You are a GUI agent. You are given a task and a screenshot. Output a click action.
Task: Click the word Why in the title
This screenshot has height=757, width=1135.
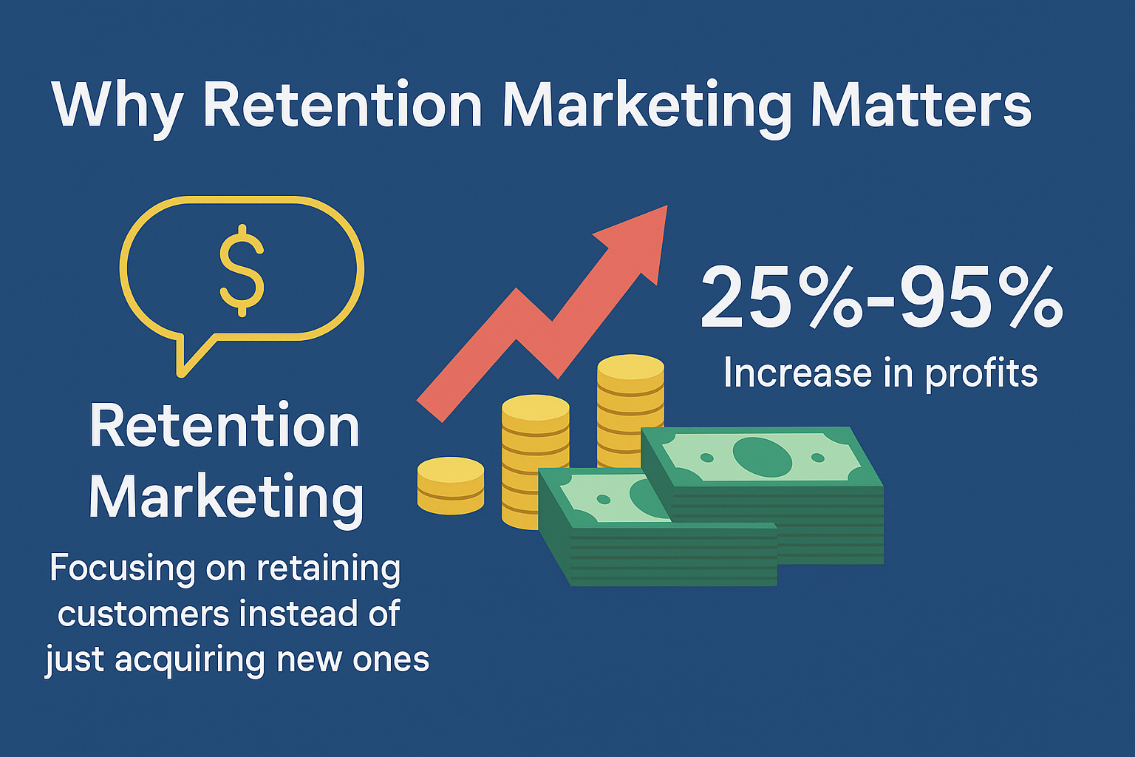coord(116,106)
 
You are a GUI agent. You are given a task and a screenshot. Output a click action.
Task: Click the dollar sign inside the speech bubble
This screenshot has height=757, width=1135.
coord(242,271)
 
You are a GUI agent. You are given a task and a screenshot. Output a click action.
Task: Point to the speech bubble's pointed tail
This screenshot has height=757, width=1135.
coord(185,362)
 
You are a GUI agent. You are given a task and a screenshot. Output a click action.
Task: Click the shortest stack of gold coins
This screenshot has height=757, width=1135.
coord(451,485)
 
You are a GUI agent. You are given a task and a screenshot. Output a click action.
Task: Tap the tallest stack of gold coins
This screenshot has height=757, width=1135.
coord(630,399)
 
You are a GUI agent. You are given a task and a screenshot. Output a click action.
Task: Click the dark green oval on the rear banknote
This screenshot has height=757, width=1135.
coord(762,456)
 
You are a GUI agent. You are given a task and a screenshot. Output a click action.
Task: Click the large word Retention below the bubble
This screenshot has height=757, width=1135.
coord(225,427)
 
